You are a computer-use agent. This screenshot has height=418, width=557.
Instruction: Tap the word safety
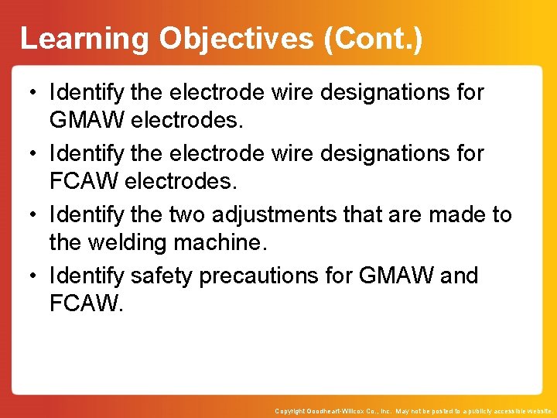pos(159,276)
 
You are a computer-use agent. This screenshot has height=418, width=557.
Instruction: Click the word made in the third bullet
pos(451,214)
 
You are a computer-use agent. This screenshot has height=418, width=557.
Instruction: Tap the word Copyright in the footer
pos(289,411)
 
